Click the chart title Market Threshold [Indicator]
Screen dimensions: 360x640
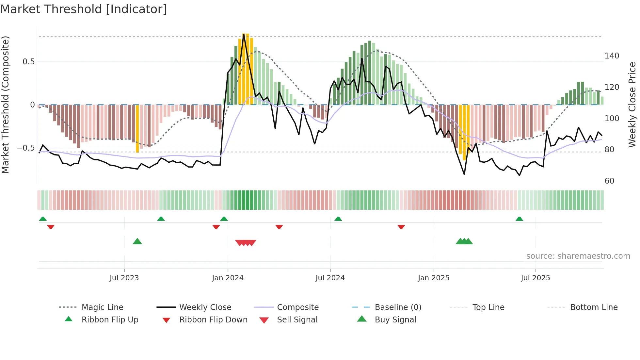[x=84, y=9]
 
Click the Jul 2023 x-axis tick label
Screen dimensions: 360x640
[x=124, y=278]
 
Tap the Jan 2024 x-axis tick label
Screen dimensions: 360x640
[x=228, y=278]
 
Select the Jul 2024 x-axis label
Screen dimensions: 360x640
[x=330, y=278]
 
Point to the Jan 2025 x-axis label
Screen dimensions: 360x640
[x=434, y=278]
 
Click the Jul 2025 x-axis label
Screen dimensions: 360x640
[x=536, y=278]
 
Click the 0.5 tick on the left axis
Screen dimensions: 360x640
[x=28, y=62]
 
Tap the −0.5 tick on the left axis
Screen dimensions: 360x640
[x=25, y=148]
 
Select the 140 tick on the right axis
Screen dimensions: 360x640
[x=612, y=56]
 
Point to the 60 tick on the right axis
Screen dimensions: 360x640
[x=609, y=181]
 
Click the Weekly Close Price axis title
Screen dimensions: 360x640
[x=632, y=105]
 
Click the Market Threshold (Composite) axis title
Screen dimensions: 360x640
[x=5, y=105]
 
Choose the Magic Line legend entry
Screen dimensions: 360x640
[x=102, y=307]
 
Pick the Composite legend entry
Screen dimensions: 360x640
[x=297, y=307]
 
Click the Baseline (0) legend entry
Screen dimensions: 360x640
[x=398, y=307]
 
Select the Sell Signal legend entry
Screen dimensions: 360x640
[x=297, y=320]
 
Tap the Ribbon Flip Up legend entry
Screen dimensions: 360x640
[x=110, y=320]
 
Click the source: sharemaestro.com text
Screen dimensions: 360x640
[x=578, y=256]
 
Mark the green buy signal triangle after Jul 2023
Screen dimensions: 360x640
[x=137, y=241]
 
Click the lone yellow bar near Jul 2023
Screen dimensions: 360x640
[x=137, y=128]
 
